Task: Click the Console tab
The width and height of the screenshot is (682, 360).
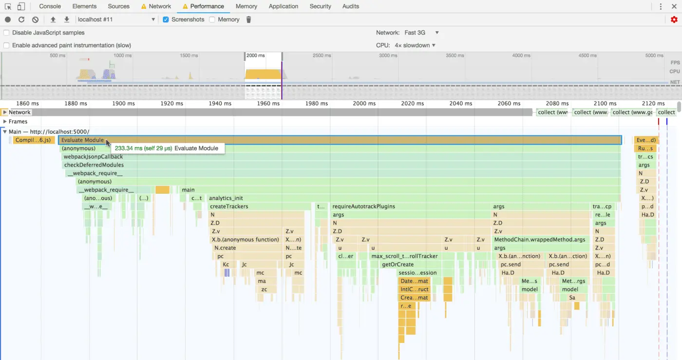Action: (50, 6)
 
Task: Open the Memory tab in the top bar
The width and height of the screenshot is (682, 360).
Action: (246, 6)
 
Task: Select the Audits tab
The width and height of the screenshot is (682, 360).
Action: (350, 6)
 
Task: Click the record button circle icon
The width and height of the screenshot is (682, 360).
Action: (8, 19)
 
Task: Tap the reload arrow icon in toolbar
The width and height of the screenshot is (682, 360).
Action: (21, 19)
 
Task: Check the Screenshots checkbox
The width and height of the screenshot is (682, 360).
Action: (166, 19)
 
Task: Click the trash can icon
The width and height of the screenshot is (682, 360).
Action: (248, 19)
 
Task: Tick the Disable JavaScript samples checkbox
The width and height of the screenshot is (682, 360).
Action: (6, 33)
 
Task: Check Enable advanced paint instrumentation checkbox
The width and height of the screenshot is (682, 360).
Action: (6, 45)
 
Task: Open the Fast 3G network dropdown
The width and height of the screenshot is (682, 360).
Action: (421, 33)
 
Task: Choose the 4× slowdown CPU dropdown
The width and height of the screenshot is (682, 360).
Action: (415, 45)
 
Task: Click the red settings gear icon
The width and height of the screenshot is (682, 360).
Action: (674, 19)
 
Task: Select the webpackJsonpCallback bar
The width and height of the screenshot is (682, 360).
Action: (93, 157)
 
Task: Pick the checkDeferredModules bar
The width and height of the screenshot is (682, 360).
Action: (94, 165)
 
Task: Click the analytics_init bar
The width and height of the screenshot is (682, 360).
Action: (226, 198)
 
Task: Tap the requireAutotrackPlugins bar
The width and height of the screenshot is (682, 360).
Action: (363, 207)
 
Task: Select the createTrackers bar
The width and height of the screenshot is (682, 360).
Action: (229, 207)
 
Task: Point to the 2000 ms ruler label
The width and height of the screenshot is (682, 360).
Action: (364, 103)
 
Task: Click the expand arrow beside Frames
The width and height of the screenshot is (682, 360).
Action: (5, 122)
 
